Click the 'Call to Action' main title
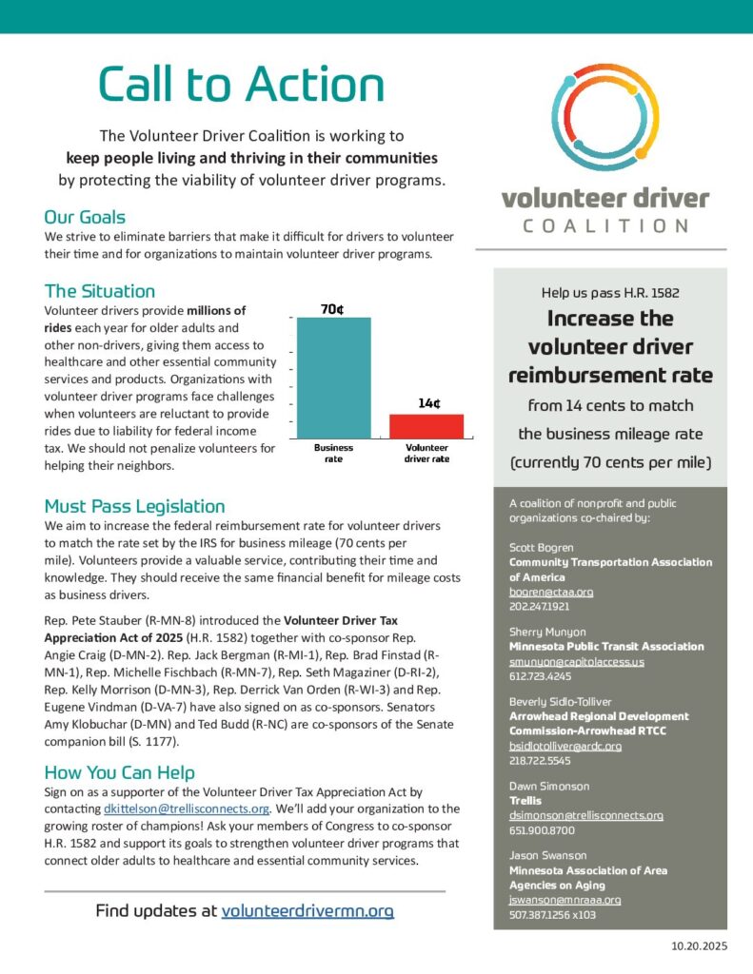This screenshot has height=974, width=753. [242, 85]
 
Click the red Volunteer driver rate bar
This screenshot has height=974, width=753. [426, 425]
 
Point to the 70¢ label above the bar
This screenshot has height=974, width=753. [332, 308]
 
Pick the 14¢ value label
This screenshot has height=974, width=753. [428, 403]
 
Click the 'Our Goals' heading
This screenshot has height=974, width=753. [85, 217]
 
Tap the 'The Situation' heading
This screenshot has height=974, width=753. [99, 291]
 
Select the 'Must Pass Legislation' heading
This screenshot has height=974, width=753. [134, 506]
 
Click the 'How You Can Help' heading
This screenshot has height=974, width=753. [120, 771]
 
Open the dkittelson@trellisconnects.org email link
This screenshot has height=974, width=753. [186, 808]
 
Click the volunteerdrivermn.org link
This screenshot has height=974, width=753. [307, 910]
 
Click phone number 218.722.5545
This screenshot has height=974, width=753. [539, 761]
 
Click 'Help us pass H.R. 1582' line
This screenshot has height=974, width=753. [609, 293]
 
